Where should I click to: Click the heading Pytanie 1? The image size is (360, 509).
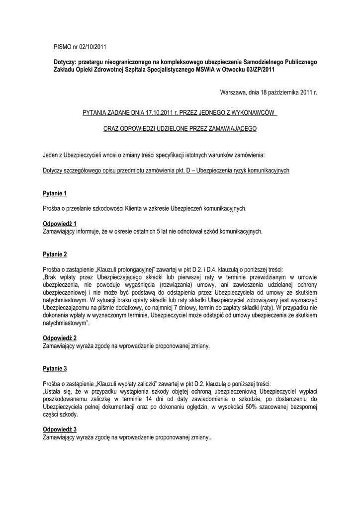[x=55, y=192]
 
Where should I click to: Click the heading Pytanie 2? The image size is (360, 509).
[x=55, y=254]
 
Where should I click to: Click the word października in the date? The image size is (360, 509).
[x=281, y=93]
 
